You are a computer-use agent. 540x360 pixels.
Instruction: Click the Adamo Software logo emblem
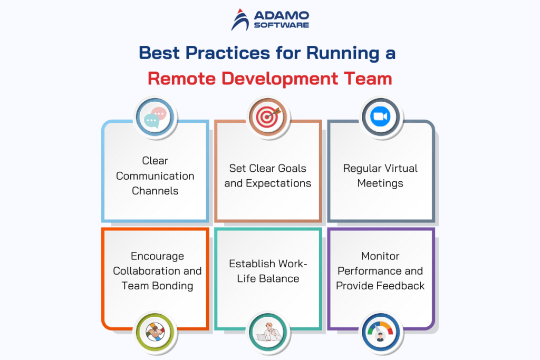click(240, 20)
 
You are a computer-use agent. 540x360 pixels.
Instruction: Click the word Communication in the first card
click(155, 176)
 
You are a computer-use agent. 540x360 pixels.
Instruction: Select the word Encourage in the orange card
click(157, 256)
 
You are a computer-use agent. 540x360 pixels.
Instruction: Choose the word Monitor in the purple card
click(380, 256)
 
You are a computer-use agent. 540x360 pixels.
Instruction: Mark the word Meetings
click(380, 183)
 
